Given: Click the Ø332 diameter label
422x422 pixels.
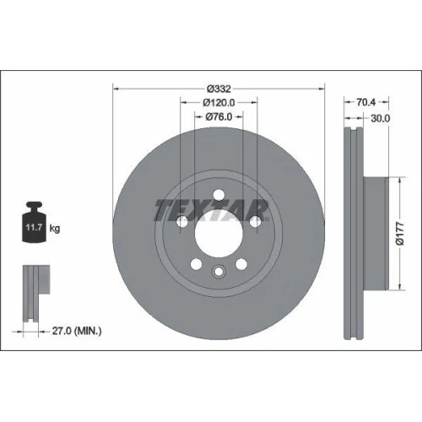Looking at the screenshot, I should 219,87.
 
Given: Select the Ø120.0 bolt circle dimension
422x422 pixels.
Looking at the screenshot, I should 219,103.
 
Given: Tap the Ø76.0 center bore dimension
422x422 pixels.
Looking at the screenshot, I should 219,118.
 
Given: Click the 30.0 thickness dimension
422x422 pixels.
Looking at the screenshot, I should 380,118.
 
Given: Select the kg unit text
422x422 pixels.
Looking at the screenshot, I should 55,229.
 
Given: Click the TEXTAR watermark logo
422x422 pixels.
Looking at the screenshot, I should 210,208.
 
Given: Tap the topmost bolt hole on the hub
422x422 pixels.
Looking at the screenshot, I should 219,196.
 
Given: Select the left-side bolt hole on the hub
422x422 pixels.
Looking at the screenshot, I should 182,222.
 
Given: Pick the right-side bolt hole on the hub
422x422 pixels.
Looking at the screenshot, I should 255,222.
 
